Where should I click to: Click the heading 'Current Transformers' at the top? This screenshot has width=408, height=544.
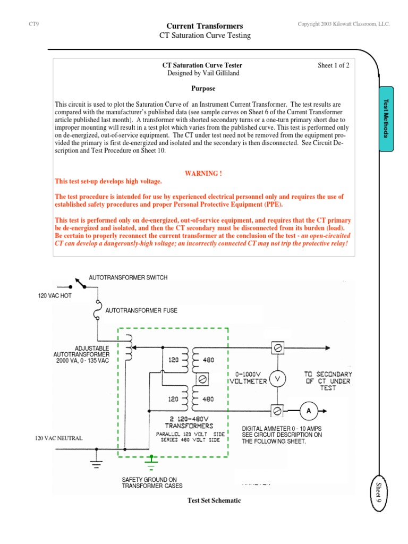tap(205, 25)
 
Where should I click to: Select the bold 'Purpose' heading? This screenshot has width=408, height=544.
tap(203, 89)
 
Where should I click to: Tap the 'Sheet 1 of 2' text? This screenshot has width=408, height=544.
tap(334, 65)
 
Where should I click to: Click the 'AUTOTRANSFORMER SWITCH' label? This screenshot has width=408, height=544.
tap(128, 277)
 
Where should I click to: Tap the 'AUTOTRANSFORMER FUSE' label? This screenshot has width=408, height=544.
tap(141, 310)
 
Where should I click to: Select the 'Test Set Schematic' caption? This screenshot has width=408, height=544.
tap(214, 500)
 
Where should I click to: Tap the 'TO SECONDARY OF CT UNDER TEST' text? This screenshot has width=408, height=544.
tap(328, 381)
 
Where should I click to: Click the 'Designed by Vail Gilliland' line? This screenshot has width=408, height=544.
tap(203, 73)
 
